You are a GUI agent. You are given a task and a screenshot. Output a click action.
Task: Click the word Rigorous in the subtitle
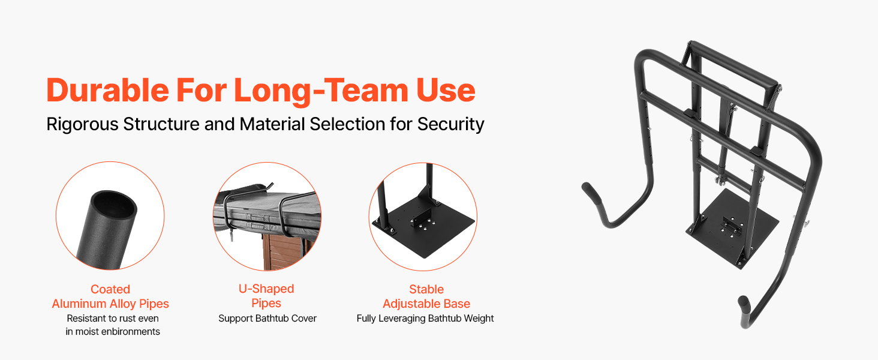pos(82,125)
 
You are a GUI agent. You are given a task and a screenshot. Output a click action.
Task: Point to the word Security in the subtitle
pos(451,125)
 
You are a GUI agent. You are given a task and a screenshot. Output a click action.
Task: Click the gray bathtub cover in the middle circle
pos(266,214)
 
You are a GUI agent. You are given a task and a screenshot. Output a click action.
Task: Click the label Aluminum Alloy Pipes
pos(110,304)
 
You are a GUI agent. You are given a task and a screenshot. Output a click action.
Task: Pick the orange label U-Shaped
pos(266,289)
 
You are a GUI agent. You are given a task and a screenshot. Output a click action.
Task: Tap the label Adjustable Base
pos(426,304)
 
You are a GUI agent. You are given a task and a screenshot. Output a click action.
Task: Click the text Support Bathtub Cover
pos(267,318)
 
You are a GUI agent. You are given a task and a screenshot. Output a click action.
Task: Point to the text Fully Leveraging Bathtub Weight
pos(425,319)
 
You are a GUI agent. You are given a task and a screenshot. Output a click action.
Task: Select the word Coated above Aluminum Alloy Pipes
pos(110,289)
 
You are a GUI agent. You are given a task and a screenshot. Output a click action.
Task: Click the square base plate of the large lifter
pos(732,227)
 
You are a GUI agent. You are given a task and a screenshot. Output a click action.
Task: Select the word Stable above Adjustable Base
pos(426,289)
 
